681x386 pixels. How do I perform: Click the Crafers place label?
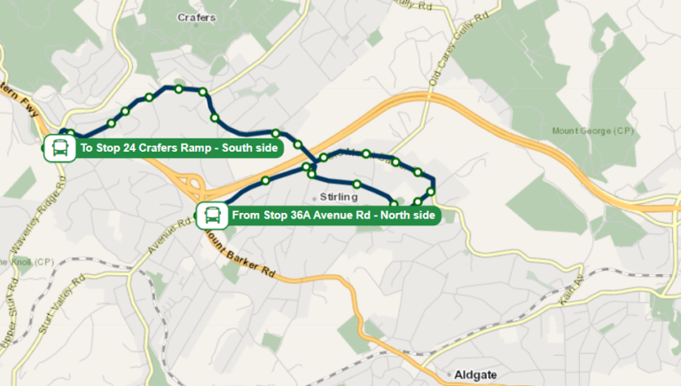pyautogui.click(x=196, y=18)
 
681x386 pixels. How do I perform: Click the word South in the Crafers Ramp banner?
pyautogui.click(x=239, y=148)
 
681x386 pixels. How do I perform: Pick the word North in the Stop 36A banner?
pyautogui.click(x=395, y=216)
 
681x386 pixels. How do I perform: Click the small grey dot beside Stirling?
pyautogui.click(x=315, y=197)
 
